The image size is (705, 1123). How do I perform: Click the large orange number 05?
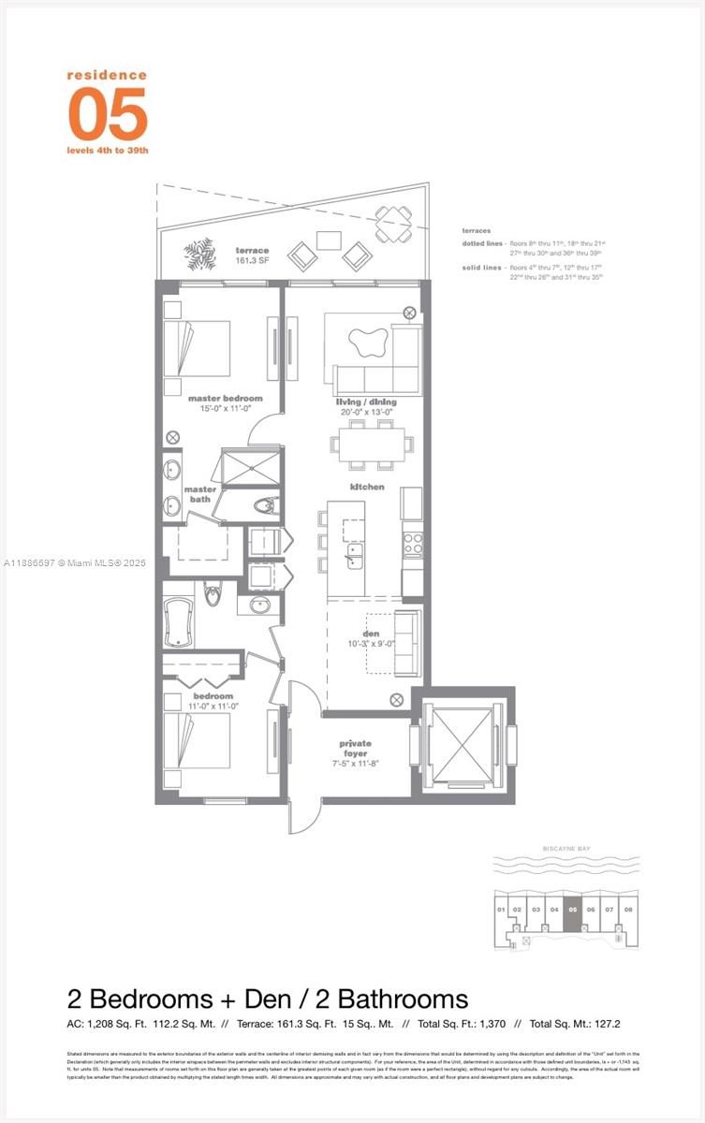[108, 113]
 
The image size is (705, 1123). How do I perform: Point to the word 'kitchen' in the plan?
[367, 487]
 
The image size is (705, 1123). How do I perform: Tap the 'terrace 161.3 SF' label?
[252, 255]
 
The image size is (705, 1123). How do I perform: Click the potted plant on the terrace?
[201, 252]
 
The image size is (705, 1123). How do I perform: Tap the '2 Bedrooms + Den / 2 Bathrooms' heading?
[267, 998]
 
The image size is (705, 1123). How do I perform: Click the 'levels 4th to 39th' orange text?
[108, 150]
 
